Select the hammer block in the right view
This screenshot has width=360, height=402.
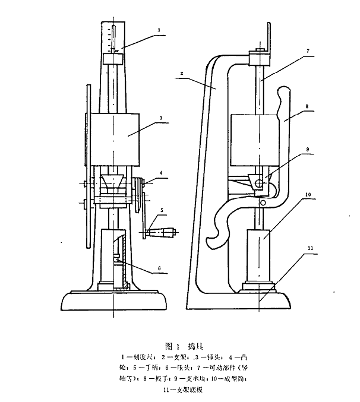coord(255,140)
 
